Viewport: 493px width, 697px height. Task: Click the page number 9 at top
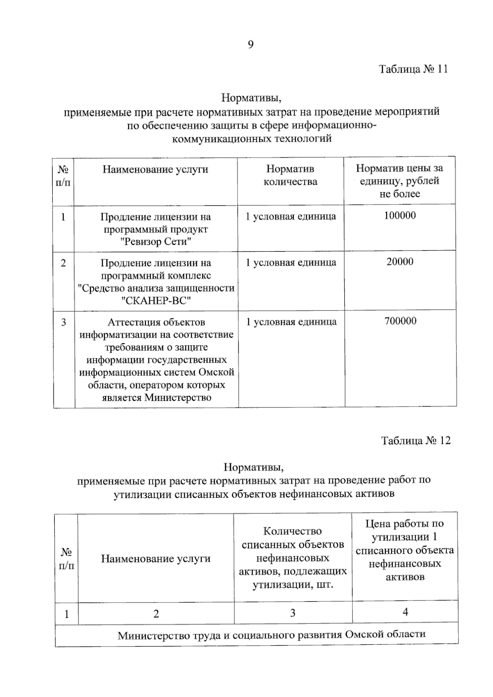pyautogui.click(x=251, y=44)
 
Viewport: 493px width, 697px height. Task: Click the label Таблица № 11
pyautogui.click(x=413, y=69)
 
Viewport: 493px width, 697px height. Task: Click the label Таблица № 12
pyautogui.click(x=416, y=441)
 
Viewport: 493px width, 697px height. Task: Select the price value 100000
pyautogui.click(x=400, y=216)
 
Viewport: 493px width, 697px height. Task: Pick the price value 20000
pyautogui.click(x=400, y=262)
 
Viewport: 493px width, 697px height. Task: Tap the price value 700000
pyautogui.click(x=400, y=321)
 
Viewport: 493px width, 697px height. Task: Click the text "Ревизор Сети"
pyautogui.click(x=156, y=242)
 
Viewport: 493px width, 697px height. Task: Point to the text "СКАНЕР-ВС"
pyautogui.click(x=157, y=301)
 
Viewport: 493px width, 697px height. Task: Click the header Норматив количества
pyautogui.click(x=290, y=175)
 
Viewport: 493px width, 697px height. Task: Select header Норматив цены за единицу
pyautogui.click(x=399, y=181)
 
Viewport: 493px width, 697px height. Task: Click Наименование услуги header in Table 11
pyautogui.click(x=155, y=169)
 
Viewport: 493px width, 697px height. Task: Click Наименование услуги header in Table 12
pyautogui.click(x=156, y=559)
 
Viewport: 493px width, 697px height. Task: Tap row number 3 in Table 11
pyautogui.click(x=64, y=322)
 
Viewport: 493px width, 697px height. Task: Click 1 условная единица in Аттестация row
pyautogui.click(x=291, y=322)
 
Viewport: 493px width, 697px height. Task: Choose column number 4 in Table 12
pyautogui.click(x=405, y=612)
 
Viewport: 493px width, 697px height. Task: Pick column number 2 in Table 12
pyautogui.click(x=156, y=614)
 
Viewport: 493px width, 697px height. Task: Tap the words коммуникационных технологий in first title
pyautogui.click(x=251, y=138)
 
